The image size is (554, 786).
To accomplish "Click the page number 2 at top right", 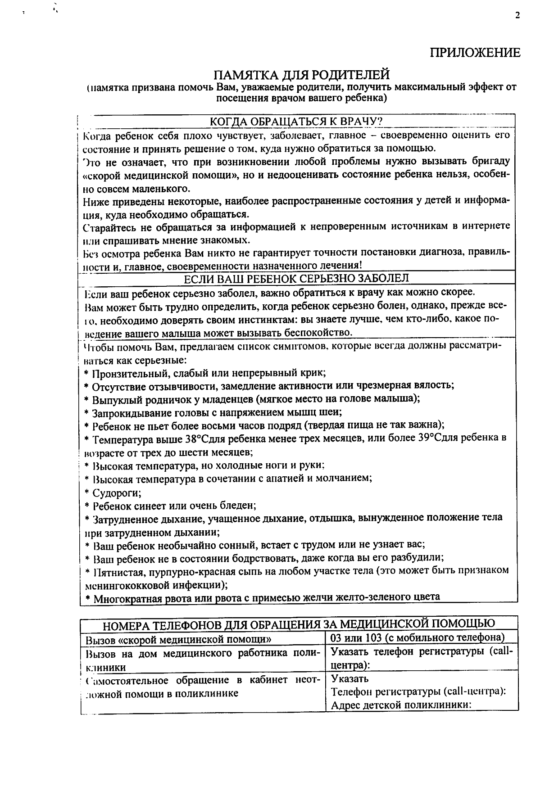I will (518, 16).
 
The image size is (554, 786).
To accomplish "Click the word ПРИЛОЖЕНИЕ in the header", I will (475, 53).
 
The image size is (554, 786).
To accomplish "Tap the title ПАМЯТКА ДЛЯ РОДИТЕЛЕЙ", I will (301, 74).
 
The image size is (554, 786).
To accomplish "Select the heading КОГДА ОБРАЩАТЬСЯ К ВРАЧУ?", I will (296, 122).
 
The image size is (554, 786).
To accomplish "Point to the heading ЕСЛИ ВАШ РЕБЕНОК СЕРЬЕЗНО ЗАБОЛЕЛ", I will (296, 278).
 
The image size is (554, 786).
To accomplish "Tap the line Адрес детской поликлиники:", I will (401, 705).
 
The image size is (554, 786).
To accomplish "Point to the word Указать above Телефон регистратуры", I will (350, 679).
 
